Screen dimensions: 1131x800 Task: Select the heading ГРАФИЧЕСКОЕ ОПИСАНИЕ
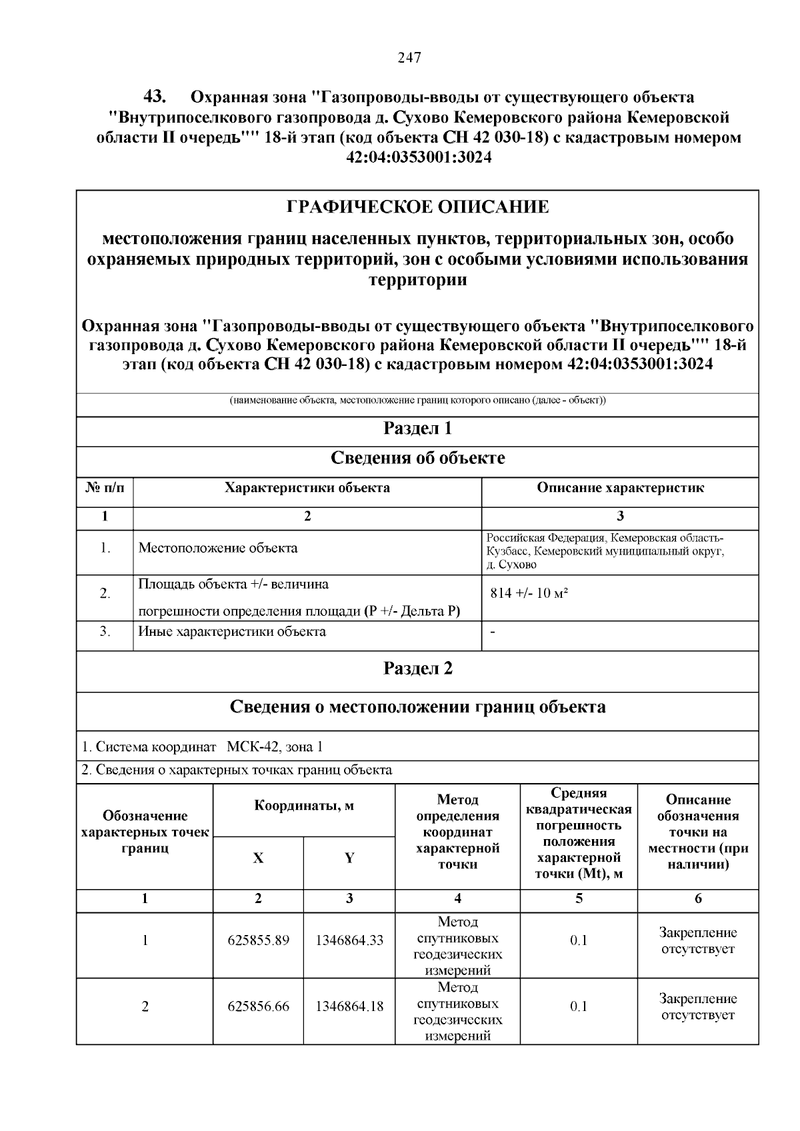coord(418,207)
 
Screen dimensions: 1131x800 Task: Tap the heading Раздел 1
coord(418,429)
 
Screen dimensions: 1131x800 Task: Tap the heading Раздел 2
coord(418,668)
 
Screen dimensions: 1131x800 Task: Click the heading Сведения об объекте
coord(418,459)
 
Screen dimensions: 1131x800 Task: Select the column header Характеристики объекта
coord(307,488)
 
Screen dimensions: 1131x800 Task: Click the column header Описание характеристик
coord(620,488)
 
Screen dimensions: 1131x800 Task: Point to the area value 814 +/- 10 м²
coord(529,593)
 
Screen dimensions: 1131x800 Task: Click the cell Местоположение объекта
coord(218,549)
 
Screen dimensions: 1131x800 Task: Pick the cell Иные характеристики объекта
coord(232,631)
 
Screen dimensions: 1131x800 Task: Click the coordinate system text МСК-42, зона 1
coord(275,747)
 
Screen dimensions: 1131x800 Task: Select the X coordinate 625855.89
coord(259,940)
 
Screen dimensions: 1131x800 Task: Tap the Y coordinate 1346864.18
coord(349,1006)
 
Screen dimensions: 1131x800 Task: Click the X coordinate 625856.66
coord(259,1006)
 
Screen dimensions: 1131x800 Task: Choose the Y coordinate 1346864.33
coord(349,940)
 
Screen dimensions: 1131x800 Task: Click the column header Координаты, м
coord(304,806)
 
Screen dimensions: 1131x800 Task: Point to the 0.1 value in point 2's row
coord(579,1006)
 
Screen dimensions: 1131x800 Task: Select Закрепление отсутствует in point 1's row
coord(698,940)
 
